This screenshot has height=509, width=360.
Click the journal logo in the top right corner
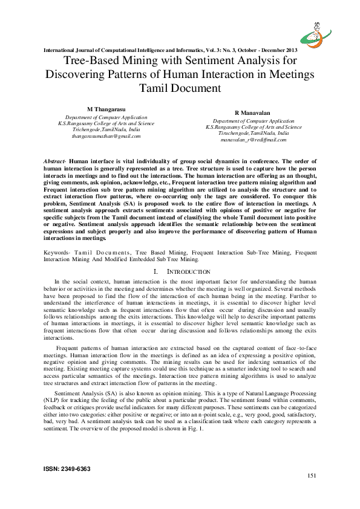326,28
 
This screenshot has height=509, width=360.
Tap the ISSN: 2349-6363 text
65,468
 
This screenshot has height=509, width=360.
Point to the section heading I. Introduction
179,272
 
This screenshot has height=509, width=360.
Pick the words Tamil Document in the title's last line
180,88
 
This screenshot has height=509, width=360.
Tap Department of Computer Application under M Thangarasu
106,117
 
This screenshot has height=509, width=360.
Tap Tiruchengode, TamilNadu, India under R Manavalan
253,134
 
